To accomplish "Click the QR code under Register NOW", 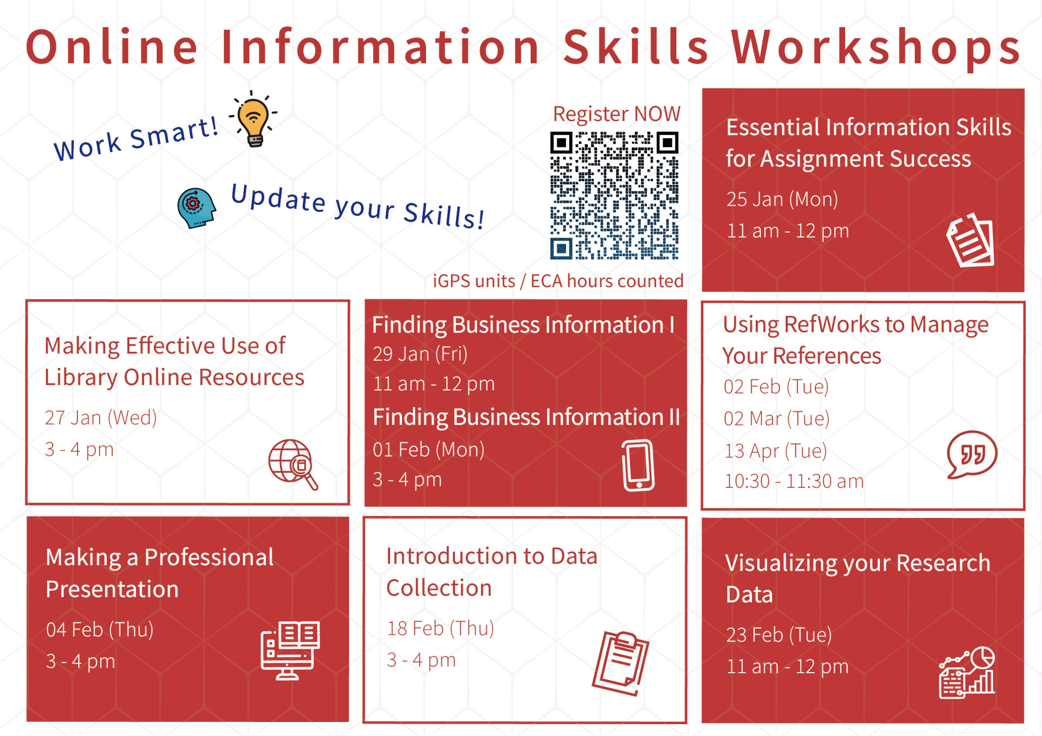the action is [614, 195].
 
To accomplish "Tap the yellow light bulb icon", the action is [253, 119].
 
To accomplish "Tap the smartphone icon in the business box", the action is [638, 465].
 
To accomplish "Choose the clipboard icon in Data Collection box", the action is [621, 663].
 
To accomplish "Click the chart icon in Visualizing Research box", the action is [967, 672].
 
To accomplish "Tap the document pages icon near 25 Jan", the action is [970, 240].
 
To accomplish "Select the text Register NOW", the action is [617, 114].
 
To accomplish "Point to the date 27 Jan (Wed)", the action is [101, 418].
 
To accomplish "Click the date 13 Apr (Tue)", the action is [776, 451].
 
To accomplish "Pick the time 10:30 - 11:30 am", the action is [794, 481].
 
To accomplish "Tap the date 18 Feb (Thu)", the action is [440, 628].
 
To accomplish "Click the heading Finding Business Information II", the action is [526, 417].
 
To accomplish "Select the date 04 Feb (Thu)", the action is [100, 630].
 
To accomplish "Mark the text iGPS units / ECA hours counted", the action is [558, 281].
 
